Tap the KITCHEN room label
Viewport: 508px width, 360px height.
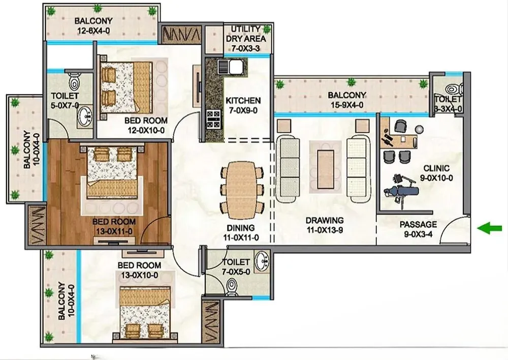[x=243, y=101]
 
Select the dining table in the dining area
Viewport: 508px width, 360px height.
[x=241, y=190]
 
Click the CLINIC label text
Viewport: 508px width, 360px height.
[x=436, y=168]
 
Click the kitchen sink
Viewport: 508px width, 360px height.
[x=231, y=67]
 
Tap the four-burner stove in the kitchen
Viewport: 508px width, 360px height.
[x=213, y=119]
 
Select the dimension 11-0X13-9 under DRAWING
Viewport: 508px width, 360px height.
[x=325, y=230]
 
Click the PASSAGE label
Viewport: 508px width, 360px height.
[x=418, y=224]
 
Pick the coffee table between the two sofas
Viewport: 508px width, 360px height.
[x=325, y=169]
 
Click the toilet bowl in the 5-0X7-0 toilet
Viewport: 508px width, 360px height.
[x=75, y=81]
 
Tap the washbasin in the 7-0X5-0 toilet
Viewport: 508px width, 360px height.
[x=262, y=260]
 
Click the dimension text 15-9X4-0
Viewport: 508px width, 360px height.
[x=346, y=105]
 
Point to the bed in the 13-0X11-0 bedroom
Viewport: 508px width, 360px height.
[x=112, y=172]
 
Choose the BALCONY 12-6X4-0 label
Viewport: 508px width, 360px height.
[x=93, y=25]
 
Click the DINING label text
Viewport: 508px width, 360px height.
[x=240, y=227]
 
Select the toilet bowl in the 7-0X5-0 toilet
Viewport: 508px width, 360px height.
[x=231, y=287]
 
